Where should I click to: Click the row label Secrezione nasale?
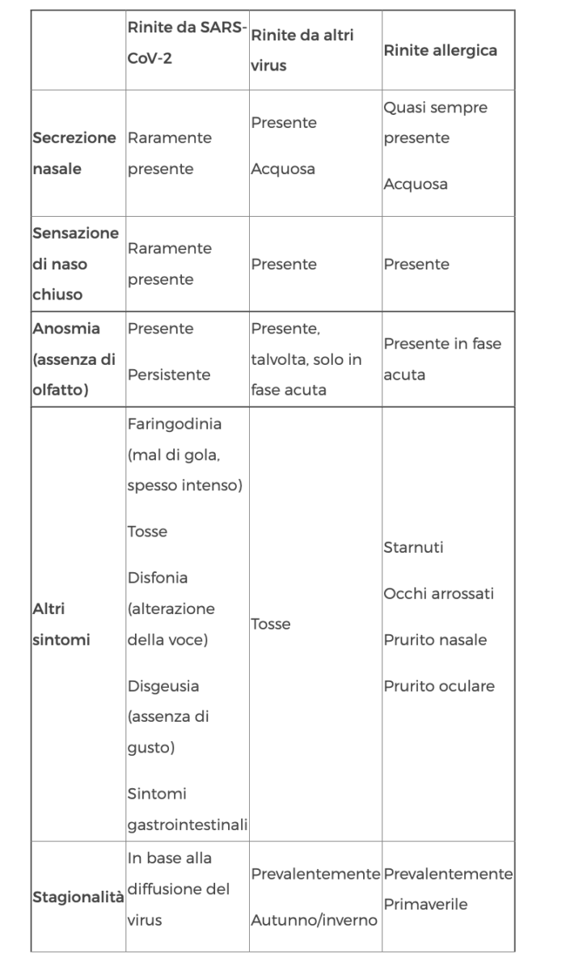(x=74, y=153)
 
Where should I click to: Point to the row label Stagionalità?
(x=78, y=897)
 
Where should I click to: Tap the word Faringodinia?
(x=174, y=423)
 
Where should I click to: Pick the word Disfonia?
(x=157, y=578)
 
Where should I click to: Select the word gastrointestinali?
(x=188, y=825)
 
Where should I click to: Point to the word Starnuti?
(x=413, y=548)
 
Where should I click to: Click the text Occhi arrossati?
(x=438, y=594)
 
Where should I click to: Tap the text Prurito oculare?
(x=438, y=686)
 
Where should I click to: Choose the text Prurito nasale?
(x=435, y=640)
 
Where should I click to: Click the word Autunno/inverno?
(x=314, y=920)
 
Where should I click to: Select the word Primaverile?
(x=425, y=905)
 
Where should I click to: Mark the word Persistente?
(x=168, y=375)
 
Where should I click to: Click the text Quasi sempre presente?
(x=436, y=123)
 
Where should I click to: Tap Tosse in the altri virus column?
(x=271, y=624)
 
